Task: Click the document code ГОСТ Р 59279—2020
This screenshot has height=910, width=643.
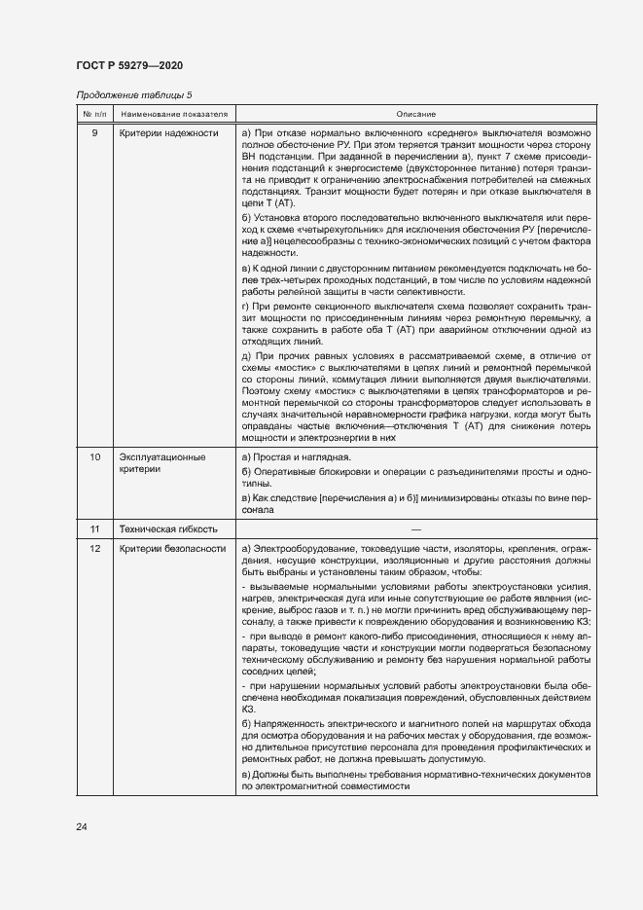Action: tap(129, 65)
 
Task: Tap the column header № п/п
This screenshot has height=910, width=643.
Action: tap(94, 114)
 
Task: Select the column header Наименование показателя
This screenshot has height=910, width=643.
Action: tap(174, 114)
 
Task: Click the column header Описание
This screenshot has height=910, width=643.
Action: tap(415, 114)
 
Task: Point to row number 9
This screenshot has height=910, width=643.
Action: tap(94, 132)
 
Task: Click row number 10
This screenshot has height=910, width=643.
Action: tap(94, 456)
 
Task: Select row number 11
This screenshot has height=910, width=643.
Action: tap(94, 529)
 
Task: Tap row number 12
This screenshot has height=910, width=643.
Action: tap(94, 549)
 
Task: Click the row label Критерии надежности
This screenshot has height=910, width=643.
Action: tap(167, 132)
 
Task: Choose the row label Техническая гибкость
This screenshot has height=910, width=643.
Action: tap(167, 529)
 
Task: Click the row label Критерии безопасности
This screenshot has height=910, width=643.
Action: tap(172, 549)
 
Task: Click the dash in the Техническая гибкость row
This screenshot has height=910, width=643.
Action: tap(415, 529)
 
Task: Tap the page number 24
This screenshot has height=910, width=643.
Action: tap(82, 827)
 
